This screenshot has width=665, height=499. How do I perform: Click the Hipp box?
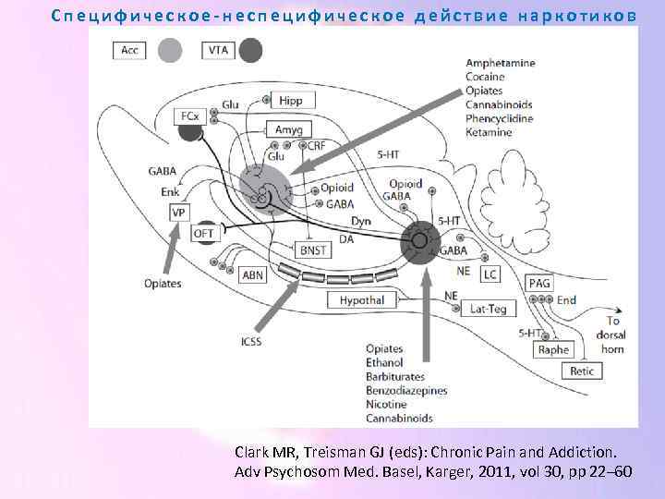click(290, 101)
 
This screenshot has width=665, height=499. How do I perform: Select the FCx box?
click(188, 116)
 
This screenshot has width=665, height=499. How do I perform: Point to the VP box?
click(178, 213)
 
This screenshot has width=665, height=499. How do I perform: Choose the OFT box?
click(204, 235)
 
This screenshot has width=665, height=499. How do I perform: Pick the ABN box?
click(252, 275)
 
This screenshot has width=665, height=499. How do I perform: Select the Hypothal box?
click(361, 300)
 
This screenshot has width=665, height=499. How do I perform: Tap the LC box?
click(490, 274)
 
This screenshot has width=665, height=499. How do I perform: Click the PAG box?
click(539, 283)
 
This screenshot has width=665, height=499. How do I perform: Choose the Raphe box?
click(553, 349)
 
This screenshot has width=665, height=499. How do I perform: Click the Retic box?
click(583, 371)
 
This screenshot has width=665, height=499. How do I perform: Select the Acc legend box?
click(130, 50)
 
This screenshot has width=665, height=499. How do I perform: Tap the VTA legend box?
click(219, 50)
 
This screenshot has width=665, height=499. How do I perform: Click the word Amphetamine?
click(500, 63)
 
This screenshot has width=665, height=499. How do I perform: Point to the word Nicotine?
click(385, 405)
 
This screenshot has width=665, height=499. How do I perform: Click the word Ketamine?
click(488, 132)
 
